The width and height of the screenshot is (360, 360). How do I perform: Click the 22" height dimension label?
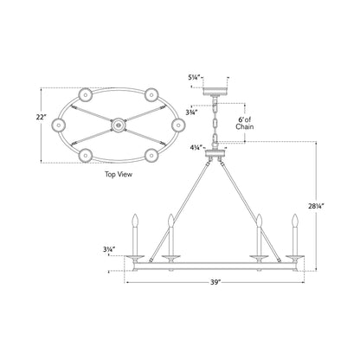[42, 118]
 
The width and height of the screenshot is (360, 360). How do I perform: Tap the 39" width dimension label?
[215, 282]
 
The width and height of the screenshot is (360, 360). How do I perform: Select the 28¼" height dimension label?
[316, 206]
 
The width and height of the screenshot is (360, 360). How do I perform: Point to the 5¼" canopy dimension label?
[194, 78]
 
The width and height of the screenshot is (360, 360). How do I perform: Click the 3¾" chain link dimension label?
[191, 112]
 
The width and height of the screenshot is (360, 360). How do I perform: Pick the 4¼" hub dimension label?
[196, 148]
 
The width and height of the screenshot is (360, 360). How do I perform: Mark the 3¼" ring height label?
[110, 249]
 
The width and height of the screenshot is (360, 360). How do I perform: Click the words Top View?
[119, 174]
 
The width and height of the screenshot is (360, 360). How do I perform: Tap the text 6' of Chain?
[245, 123]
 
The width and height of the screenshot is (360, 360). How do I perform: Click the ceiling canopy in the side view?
[215, 91]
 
